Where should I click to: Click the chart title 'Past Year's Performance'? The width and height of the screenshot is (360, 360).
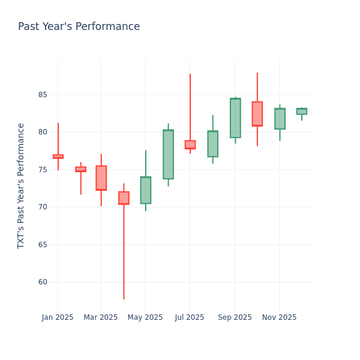point(79,27)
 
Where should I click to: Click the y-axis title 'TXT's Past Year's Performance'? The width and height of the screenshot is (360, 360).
point(21,185)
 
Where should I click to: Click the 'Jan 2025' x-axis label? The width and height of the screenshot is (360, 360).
point(58,317)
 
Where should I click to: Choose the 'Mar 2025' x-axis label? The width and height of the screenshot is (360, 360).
point(101,317)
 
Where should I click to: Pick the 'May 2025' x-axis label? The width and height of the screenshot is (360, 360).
point(145,317)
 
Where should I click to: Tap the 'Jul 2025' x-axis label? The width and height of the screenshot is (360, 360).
point(190,317)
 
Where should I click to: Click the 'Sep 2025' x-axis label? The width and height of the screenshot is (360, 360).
point(235,317)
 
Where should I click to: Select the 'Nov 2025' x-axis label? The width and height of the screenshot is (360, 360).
point(279,317)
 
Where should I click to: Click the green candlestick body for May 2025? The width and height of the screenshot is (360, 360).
point(146,190)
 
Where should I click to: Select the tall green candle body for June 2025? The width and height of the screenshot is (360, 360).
point(168,154)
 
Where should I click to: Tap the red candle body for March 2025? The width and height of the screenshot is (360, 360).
point(101,178)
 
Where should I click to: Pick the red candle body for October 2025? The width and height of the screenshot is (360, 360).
point(257,114)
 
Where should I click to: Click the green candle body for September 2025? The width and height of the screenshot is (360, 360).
point(235,118)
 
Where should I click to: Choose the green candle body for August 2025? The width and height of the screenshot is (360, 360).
point(212,144)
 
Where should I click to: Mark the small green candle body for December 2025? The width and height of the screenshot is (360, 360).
point(301,112)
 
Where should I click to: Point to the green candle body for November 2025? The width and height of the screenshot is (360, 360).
point(280,119)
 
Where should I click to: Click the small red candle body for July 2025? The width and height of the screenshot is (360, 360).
point(190,145)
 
